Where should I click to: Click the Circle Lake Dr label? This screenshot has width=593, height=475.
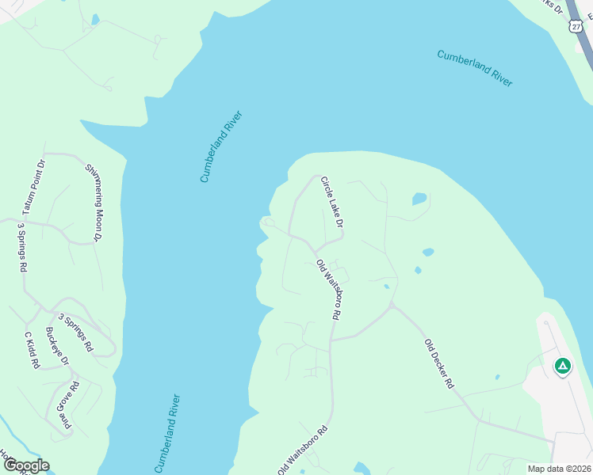[x=331, y=203]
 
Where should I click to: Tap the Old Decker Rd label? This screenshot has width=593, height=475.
[x=438, y=363]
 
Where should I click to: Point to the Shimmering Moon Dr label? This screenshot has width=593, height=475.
[x=94, y=203]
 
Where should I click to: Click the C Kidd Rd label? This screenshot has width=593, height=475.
[x=32, y=351]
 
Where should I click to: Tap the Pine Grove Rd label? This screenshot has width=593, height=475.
[x=69, y=405]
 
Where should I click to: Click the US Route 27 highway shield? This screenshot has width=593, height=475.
[x=576, y=26]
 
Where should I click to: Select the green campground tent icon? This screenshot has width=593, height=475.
[x=562, y=366]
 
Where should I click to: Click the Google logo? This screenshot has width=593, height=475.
[x=26, y=465]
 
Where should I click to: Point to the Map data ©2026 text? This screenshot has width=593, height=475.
[x=559, y=469]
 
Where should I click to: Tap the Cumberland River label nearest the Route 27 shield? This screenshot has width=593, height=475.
[x=475, y=68]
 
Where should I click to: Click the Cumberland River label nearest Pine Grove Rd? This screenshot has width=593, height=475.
[x=168, y=433]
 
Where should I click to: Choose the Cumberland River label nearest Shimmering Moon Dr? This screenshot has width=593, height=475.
[x=221, y=147]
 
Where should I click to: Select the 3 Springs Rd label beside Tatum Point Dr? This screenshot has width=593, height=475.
[x=22, y=248]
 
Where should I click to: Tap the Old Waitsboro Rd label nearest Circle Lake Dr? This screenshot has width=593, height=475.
[x=328, y=289]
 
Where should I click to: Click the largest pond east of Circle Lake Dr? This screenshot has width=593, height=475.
[x=419, y=199]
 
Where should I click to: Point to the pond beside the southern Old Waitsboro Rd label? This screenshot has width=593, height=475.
[x=362, y=467]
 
